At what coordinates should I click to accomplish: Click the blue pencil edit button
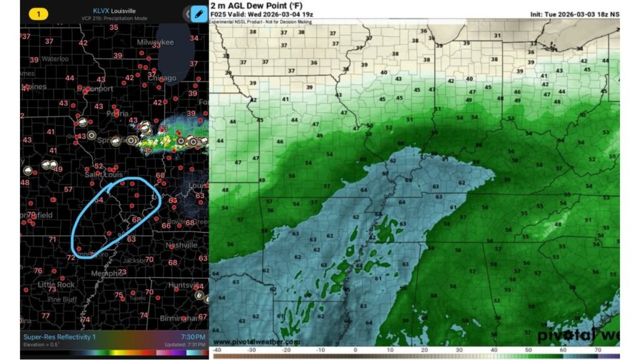[199, 13]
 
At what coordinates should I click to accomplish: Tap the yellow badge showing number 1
[38, 13]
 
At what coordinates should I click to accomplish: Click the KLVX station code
[101, 10]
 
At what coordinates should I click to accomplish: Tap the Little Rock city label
[56, 284]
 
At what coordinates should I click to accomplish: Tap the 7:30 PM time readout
[193, 337]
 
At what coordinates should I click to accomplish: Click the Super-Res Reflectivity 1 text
[60, 337]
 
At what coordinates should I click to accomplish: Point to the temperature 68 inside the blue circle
[136, 219]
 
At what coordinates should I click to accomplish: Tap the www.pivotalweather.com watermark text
[256, 342]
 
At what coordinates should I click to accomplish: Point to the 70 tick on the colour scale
[598, 351]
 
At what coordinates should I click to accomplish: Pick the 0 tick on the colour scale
[355, 351]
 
